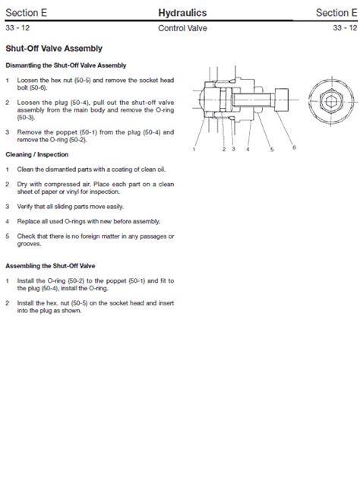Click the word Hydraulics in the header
pos(182,12)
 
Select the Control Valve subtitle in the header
pos(182,28)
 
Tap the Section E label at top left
pos(24,12)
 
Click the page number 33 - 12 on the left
pos(17,28)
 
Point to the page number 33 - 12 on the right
pos(343,28)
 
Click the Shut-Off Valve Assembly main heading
pos(53,49)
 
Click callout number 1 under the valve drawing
pos(194,150)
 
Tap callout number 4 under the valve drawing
pos(248,150)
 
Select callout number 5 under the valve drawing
pos(271,150)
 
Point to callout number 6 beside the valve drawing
pos(293,146)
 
